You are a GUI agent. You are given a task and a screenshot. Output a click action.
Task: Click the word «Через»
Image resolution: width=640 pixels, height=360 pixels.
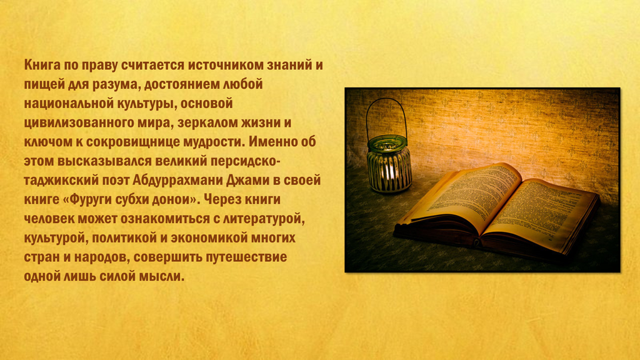coord(222,199)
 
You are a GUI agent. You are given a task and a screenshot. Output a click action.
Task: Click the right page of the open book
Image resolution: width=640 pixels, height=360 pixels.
coord(539,212)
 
